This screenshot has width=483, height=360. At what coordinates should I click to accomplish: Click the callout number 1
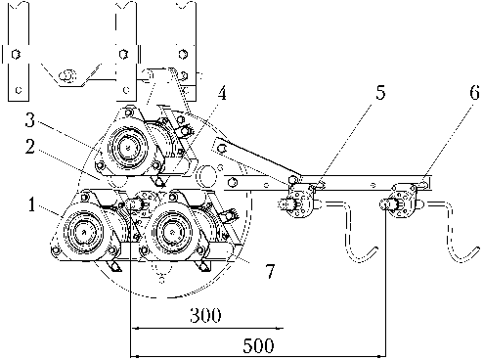31,205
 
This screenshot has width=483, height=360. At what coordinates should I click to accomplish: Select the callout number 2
30,147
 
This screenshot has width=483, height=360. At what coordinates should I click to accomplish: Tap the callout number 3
30,120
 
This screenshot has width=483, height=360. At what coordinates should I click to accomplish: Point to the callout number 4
222,94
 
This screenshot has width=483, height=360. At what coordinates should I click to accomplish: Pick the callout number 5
380,92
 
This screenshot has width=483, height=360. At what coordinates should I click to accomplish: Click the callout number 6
474,92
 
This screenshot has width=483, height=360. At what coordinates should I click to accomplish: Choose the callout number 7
270,271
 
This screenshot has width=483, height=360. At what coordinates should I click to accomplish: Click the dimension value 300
205,315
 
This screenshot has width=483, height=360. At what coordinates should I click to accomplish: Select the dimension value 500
258,345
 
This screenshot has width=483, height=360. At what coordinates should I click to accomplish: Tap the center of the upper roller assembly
127,148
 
